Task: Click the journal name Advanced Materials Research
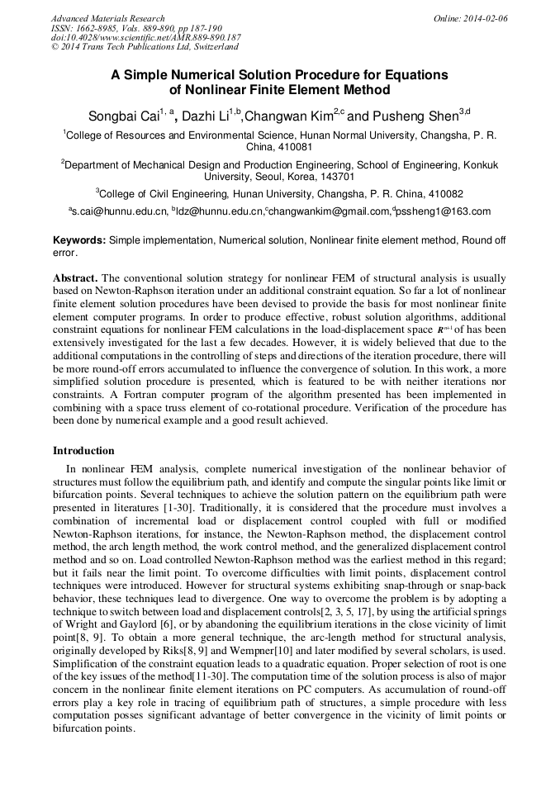[107, 18]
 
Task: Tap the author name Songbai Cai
[123, 116]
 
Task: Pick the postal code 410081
[279, 146]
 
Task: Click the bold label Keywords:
[78, 239]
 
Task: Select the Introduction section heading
[83, 451]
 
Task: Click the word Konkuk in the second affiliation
[482, 164]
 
